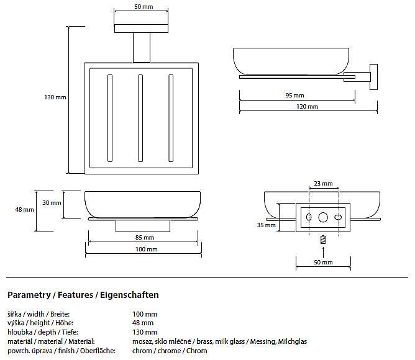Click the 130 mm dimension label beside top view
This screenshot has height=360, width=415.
pyautogui.click(x=55, y=97)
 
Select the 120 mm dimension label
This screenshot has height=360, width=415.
pyautogui.click(x=308, y=107)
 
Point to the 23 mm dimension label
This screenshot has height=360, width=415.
pyautogui.click(x=323, y=184)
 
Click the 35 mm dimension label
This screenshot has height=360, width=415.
pyautogui.click(x=266, y=225)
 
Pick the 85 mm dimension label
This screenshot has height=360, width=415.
pyautogui.click(x=144, y=237)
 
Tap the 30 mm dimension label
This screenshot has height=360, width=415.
pyautogui.click(x=52, y=203)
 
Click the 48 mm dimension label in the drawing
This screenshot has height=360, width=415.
pyautogui.click(x=24, y=210)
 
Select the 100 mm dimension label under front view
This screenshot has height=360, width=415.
pyautogui.click(x=147, y=249)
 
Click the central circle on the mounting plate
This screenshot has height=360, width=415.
pyautogui.click(x=323, y=217)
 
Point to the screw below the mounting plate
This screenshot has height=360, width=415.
pyautogui.click(x=323, y=239)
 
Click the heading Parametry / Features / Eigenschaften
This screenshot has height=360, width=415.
pyautogui.click(x=83, y=295)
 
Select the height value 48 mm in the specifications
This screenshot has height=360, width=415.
pyautogui.click(x=143, y=323)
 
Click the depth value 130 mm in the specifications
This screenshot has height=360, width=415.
pyautogui.click(x=145, y=332)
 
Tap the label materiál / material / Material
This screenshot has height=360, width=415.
pyautogui.click(x=51, y=341)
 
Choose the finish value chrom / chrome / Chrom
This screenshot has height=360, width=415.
pyautogui.click(x=170, y=351)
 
